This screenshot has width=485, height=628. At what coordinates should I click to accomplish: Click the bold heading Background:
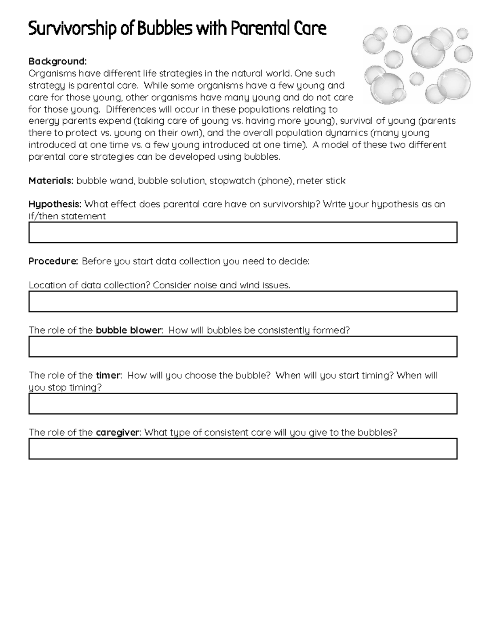coord(57,61)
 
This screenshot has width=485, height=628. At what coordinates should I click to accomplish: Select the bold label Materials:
coord(51,181)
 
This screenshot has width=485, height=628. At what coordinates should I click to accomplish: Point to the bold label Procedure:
coord(53,261)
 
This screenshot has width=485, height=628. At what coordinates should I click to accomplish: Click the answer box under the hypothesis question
coord(242,233)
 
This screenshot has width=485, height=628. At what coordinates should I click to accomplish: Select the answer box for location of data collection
coord(242,302)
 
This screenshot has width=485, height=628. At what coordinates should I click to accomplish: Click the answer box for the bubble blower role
coord(242,347)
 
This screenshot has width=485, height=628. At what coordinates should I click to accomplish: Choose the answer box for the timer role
coord(242,404)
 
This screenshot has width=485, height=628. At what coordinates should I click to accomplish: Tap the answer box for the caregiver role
coord(242,449)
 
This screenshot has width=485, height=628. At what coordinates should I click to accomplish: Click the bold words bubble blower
coord(129,330)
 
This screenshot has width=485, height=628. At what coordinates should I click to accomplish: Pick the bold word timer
coord(108,375)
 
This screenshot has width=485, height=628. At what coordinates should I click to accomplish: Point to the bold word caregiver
coord(118,433)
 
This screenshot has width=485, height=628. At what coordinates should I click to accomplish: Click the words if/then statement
coord(67,216)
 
